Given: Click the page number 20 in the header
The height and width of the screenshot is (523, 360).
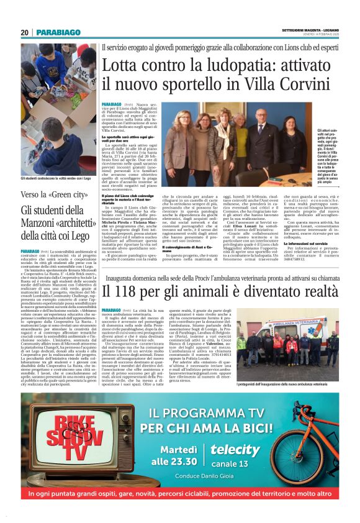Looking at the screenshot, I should [25, 32].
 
